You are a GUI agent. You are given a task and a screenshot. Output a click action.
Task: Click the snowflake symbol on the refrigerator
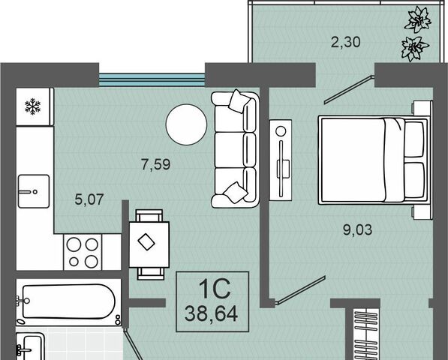(x=33, y=106)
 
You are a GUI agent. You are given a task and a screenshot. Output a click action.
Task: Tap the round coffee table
(x=186, y=124)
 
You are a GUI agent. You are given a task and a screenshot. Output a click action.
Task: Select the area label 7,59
(x=156, y=165)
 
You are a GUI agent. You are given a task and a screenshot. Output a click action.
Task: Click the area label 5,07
(x=89, y=199)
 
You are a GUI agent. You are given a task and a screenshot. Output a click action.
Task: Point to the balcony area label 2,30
(x=346, y=42)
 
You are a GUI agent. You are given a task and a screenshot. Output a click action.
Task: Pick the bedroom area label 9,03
(x=358, y=229)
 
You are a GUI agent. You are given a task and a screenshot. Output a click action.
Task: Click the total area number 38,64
(x=211, y=314)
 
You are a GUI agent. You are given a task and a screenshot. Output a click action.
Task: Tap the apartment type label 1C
(x=215, y=289)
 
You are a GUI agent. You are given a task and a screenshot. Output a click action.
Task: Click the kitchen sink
(x=34, y=191)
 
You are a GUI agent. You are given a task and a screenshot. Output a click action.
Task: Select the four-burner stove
(x=83, y=252)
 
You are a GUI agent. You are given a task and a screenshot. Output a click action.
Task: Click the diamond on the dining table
(x=146, y=242)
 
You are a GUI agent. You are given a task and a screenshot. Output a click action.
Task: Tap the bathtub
(x=69, y=302)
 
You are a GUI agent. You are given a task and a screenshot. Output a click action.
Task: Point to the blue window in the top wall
(x=152, y=80)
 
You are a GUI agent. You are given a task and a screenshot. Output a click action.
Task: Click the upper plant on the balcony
(x=418, y=19)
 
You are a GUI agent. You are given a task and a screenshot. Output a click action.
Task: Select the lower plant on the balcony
(x=415, y=49)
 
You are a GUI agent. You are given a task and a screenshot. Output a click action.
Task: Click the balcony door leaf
(x=349, y=90)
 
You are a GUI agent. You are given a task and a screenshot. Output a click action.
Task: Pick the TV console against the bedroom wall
(x=281, y=160)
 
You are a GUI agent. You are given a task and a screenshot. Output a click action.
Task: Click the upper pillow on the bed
(x=414, y=139)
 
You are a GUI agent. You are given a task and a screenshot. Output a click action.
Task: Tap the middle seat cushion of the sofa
(x=230, y=149)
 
